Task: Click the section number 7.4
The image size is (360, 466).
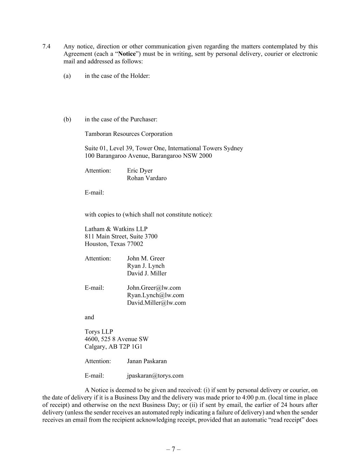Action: pyautogui.click(x=46, y=46)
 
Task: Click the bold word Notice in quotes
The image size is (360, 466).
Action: pyautogui.click(x=127, y=54)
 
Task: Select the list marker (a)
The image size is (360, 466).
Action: pyautogui.click(x=67, y=76)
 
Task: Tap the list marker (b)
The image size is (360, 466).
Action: pyautogui.click(x=67, y=119)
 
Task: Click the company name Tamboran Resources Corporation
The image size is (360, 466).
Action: pyautogui.click(x=129, y=134)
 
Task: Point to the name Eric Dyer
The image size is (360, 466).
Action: pyautogui.click(x=140, y=170)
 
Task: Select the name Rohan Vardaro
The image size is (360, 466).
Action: pyautogui.click(x=147, y=178)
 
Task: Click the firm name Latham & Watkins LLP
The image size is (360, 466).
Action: pyautogui.click(x=116, y=229)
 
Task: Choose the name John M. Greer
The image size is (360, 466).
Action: pyautogui.click(x=146, y=258)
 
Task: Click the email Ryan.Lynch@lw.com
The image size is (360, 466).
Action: pyautogui.click(x=155, y=295)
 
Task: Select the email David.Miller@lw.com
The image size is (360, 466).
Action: pyautogui.click(x=156, y=302)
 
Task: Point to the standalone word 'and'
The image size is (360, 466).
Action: pyautogui.click(x=89, y=317)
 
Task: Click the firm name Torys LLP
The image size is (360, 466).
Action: pyautogui.click(x=99, y=331)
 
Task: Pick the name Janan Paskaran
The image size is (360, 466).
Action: pyautogui.click(x=147, y=361)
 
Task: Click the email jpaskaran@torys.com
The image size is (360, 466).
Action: pyautogui.click(x=155, y=376)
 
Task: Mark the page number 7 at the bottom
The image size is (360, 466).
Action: pyautogui.click(x=173, y=449)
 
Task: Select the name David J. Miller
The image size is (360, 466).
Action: pyautogui.click(x=147, y=273)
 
